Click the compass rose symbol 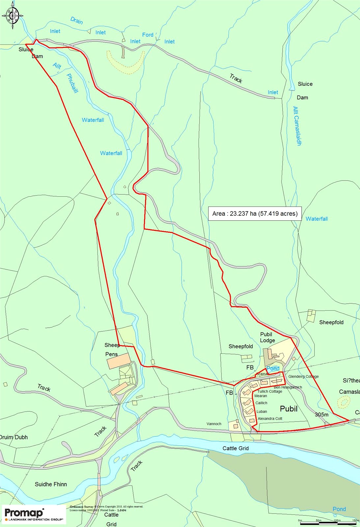coord(13,15)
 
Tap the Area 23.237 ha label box coord(255,213)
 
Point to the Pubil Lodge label coord(267,337)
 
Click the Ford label coord(148,35)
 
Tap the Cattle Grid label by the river coord(235,448)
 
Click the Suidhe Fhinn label coord(51,484)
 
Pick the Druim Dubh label coord(14,437)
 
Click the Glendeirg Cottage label coord(303,376)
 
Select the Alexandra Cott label coord(270,419)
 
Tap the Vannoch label coord(214,424)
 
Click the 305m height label coord(321,414)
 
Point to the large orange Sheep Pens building coord(118,361)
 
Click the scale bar coord(328,523)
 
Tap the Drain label coord(76,21)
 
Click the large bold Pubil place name coord(289,409)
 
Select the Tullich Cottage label coord(270,392)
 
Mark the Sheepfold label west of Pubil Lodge coord(240,347)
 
